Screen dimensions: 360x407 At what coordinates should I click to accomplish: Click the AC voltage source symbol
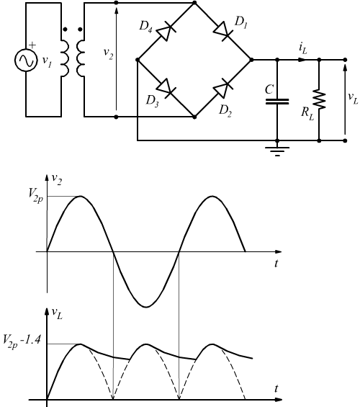(x=25, y=60)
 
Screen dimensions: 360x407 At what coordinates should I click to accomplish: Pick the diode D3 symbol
(x=166, y=88)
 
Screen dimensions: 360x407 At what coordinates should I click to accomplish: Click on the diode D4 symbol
(x=166, y=31)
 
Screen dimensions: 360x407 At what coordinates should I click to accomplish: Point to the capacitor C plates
(x=277, y=102)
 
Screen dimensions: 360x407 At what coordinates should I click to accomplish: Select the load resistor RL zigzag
(x=319, y=99)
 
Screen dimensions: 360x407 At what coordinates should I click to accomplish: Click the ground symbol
(x=277, y=151)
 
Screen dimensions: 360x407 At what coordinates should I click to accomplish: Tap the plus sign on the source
(x=32, y=45)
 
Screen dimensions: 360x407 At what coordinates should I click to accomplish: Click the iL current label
(x=302, y=49)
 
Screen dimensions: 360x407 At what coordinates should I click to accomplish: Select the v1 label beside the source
(x=48, y=62)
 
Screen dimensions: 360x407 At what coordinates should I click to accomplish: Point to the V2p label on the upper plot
(x=36, y=195)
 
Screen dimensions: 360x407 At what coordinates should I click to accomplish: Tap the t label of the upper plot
(x=276, y=263)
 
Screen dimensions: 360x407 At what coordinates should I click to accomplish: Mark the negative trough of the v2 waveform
(x=146, y=307)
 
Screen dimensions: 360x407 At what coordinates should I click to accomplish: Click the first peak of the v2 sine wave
(x=81, y=196)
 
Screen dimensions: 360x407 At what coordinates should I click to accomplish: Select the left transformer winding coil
(x=65, y=58)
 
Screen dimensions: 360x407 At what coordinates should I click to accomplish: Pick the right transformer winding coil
(x=81, y=58)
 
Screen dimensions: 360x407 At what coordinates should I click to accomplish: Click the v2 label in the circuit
(x=109, y=53)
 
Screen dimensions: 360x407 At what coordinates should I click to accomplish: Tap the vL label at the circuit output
(x=353, y=98)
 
